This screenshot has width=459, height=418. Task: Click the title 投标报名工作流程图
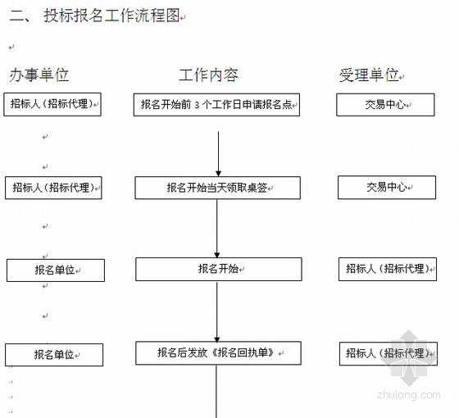111,16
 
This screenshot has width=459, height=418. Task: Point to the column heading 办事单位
39,75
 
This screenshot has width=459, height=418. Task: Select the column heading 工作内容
209,75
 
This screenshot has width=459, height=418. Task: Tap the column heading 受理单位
369,75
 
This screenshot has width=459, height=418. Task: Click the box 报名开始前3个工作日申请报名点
216,105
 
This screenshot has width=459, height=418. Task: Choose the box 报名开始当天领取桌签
217,188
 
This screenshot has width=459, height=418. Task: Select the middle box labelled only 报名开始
218,270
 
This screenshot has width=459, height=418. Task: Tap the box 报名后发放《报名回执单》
218,353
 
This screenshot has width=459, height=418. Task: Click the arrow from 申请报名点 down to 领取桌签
218,154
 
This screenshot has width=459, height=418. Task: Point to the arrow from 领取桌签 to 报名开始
217,229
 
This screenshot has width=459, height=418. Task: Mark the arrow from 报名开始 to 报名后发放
217,312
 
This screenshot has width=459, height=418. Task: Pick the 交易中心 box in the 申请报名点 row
385,105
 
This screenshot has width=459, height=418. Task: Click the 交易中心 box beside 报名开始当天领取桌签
387,188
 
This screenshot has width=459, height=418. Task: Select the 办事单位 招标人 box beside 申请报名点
52,105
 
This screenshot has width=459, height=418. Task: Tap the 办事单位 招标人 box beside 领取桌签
53,188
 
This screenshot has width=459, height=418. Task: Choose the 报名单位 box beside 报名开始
56,270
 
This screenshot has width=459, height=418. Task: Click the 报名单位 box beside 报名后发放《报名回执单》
54,355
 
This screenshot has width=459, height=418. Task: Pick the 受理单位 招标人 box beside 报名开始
388,270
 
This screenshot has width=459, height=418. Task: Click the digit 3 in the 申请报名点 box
197,105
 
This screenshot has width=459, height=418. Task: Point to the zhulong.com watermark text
409,395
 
